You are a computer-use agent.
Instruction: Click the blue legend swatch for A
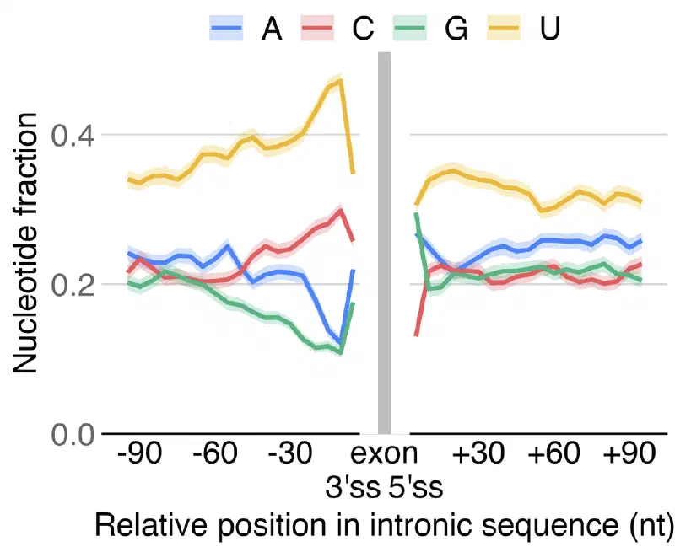[226, 28]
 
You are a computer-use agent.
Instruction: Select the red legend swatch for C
[317, 28]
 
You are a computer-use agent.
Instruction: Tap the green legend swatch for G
[410, 28]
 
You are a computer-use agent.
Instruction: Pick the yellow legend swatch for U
[503, 28]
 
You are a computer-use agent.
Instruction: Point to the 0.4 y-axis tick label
[73, 136]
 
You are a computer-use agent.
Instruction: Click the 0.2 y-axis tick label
[73, 285]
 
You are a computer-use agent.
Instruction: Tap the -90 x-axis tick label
[139, 453]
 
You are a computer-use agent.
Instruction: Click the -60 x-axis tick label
[214, 453]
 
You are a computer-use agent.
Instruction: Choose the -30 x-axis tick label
[289, 453]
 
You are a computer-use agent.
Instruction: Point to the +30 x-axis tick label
[478, 453]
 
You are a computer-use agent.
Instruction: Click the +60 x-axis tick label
[553, 453]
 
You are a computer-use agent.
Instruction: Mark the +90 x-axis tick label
[629, 453]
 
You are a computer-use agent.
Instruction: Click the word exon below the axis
[385, 454]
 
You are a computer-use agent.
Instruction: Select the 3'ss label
[353, 487]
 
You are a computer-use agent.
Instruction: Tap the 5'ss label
[416, 487]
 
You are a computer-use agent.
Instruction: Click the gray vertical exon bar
[385, 243]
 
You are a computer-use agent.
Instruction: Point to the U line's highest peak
[341, 80]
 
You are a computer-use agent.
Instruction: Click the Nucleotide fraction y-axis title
[24, 243]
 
